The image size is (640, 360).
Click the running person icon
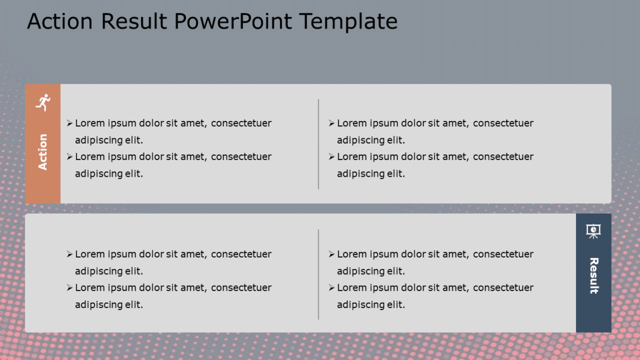[43, 102]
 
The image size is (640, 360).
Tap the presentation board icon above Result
[593, 231]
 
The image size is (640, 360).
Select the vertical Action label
[43, 152]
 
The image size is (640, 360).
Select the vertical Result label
[594, 275]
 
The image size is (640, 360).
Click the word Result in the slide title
[134, 22]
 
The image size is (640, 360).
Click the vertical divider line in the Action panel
[318, 144]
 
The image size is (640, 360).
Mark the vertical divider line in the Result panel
[318, 274]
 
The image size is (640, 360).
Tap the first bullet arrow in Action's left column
[69, 124]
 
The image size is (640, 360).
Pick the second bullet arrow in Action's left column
[69, 157]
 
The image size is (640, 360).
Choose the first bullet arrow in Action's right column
[331, 124]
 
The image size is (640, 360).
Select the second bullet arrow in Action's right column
[331, 157]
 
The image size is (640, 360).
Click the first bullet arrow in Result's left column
[69, 254]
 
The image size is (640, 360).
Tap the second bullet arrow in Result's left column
[69, 288]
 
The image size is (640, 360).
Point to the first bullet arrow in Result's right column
[331, 254]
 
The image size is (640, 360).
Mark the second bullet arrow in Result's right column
[331, 288]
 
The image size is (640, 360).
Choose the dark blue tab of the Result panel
[593, 314]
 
